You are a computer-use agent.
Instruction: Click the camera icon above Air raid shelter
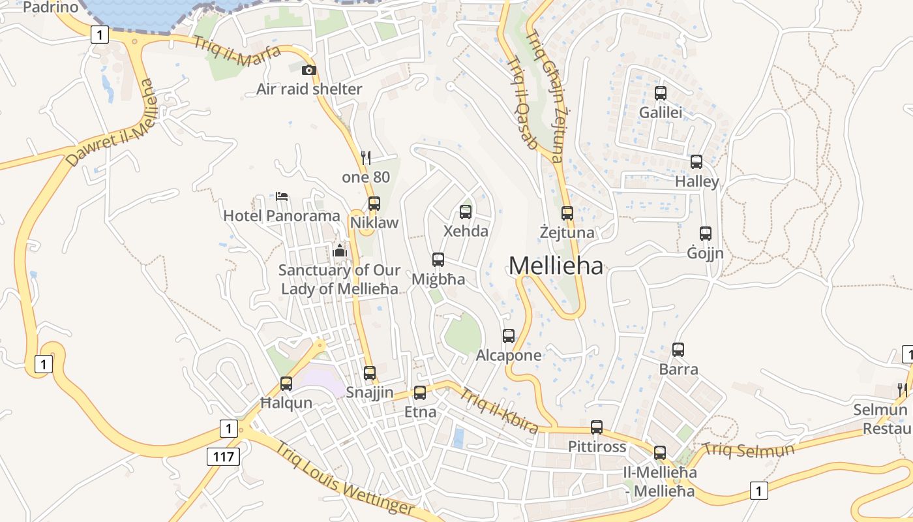(309, 70)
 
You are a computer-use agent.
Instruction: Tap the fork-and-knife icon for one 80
(366, 157)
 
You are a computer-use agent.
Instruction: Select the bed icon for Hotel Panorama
(282, 196)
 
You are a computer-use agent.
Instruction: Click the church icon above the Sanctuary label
(340, 250)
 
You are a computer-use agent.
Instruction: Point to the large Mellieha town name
(556, 266)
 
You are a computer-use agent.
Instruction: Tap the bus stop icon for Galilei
(661, 93)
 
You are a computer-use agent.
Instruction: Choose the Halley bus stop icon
(696, 162)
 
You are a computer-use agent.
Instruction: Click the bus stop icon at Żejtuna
(567, 213)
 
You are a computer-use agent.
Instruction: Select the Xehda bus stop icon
(466, 211)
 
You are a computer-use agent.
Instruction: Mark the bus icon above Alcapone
(509, 336)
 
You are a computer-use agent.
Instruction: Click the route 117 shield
(223, 456)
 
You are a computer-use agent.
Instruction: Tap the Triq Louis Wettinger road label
(344, 479)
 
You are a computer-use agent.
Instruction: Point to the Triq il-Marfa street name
(237, 52)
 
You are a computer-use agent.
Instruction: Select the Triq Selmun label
(748, 450)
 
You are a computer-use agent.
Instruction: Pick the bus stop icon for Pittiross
(597, 427)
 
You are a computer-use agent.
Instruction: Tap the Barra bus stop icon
(678, 350)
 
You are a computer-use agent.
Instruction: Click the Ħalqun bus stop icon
(286, 384)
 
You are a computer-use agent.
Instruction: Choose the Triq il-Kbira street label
(500, 410)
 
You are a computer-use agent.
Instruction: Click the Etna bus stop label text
(420, 412)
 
